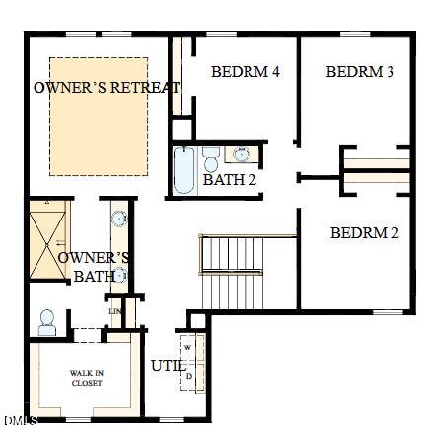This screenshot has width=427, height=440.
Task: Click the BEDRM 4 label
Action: click(x=245, y=72)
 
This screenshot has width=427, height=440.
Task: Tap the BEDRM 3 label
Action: click(x=360, y=72)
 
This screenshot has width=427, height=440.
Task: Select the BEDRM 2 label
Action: click(x=364, y=233)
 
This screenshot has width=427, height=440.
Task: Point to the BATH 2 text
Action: click(x=229, y=180)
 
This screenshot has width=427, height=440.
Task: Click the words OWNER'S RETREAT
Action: click(x=107, y=88)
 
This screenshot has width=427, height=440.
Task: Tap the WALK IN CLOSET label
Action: click(x=86, y=378)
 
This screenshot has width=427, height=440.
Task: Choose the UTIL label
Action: click(x=165, y=366)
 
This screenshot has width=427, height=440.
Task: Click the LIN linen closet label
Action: click(x=115, y=312)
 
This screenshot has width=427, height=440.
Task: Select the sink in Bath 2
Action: click(x=242, y=155)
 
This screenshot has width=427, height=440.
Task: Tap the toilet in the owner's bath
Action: click(x=46, y=321)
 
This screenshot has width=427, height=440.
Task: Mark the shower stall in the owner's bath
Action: click(x=45, y=241)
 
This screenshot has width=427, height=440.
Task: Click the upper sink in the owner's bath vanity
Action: click(x=118, y=220)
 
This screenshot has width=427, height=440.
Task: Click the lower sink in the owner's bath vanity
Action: click(x=119, y=276)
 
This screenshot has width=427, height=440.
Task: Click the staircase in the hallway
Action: click(x=233, y=271)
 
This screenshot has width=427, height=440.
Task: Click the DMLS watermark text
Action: click(x=20, y=421)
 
